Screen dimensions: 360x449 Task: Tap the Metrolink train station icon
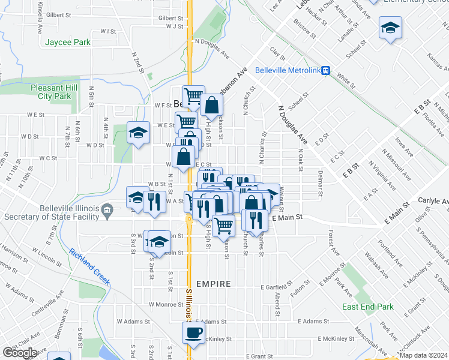point(325,70)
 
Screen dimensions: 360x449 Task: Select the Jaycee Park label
point(67,42)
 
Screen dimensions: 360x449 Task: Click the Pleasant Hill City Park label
point(50,91)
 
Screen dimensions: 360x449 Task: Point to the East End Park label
point(368,307)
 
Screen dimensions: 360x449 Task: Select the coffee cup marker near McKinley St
point(193,332)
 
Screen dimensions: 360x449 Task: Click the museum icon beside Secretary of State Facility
point(108,209)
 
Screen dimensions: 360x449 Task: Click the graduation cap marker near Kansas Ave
point(390,28)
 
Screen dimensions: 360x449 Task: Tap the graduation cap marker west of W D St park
point(138,133)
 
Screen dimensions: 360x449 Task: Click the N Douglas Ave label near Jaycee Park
point(212,49)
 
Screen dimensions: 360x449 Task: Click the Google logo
point(19,353)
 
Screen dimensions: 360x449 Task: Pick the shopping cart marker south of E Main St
point(223,225)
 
